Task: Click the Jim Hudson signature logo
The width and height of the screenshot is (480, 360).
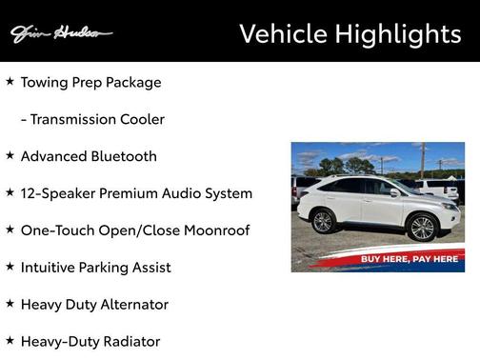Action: (x=61, y=33)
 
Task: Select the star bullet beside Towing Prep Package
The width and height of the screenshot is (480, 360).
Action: (x=10, y=81)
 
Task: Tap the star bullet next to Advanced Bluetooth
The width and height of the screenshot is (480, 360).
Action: (x=10, y=155)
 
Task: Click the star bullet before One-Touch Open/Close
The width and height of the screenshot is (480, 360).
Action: (x=10, y=230)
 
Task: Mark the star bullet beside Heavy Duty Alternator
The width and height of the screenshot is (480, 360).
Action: (x=10, y=304)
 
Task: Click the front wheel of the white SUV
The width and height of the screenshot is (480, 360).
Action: (x=421, y=227)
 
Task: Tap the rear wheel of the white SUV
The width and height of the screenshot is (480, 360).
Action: (x=323, y=221)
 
